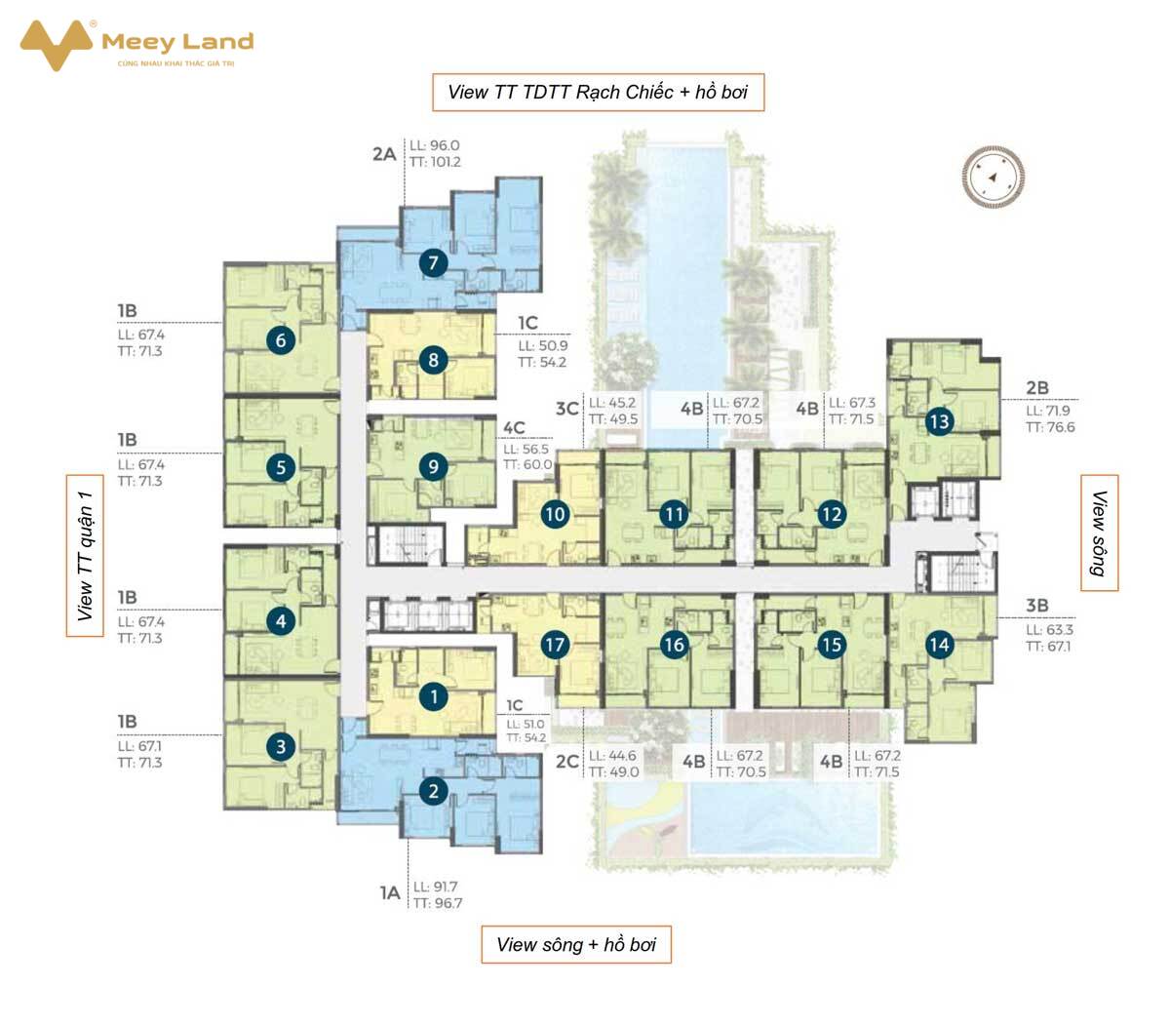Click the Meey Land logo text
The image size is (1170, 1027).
pos(177,42)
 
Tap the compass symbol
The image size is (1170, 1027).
pos(993,177)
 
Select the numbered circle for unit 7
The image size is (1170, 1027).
pos(433,263)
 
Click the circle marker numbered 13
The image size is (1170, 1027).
pos(939,421)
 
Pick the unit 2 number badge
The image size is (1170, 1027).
pos(433,791)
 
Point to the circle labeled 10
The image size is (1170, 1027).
pos(555,514)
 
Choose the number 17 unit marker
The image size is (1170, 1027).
pos(555,645)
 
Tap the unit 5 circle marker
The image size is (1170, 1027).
pos(281,467)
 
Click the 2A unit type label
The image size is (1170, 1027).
pos(384,154)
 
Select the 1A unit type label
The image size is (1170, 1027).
pos(390,893)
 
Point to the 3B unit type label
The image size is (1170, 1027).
pos(1037,606)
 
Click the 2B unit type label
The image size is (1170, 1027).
pos(1037,387)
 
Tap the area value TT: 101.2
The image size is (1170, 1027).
pos(436,162)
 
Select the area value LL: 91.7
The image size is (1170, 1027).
pos(436,887)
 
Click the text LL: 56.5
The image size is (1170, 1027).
pos(526,450)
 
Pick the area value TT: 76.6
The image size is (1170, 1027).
pos(1050,427)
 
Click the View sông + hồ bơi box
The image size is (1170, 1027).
pos(576,944)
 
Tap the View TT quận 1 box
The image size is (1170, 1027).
pos(85,556)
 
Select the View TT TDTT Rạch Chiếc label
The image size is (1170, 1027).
pos(561,92)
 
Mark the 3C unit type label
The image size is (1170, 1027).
pos(567,409)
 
